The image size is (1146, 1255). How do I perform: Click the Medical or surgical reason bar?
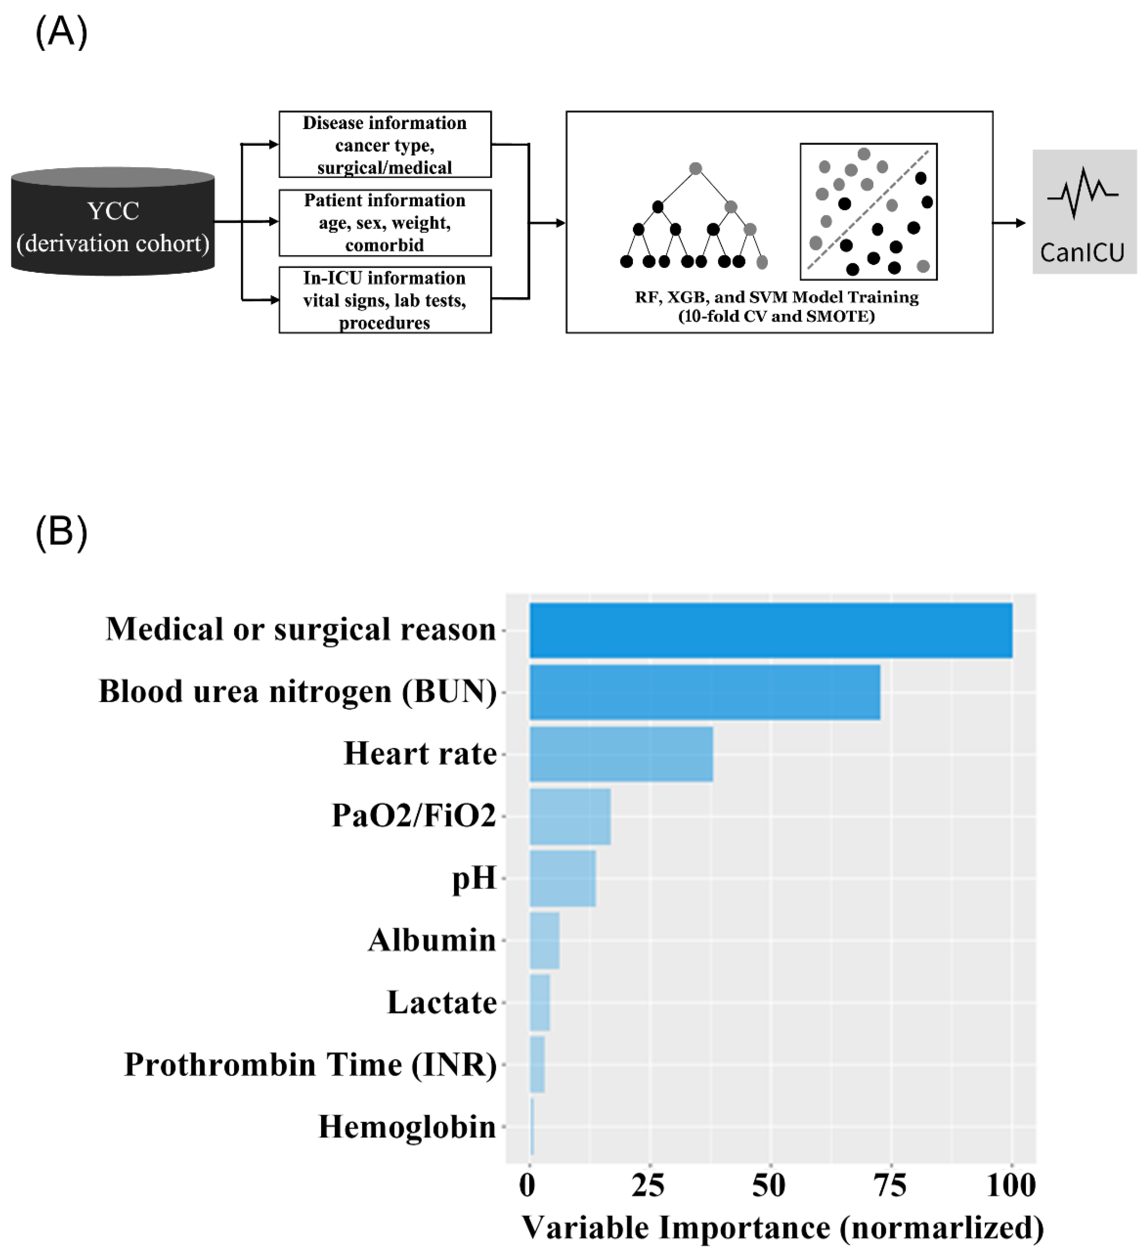pos(770,630)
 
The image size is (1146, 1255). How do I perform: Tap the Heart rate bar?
pos(621,754)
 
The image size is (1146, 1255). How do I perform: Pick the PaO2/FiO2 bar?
pos(570,816)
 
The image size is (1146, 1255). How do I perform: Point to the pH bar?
pos(563,878)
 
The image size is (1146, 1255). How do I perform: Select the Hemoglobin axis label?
pos(407,1127)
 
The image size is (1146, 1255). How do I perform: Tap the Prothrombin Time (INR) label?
pos(311,1064)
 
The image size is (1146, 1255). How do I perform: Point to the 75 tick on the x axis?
pos(891,1185)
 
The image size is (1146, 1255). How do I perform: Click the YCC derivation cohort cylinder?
pos(112,222)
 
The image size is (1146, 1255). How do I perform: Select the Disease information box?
pos(385,144)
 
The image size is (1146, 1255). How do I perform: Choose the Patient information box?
pos(385,222)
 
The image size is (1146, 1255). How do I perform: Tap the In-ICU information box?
pos(385,300)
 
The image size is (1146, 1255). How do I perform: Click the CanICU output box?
pos(1084,212)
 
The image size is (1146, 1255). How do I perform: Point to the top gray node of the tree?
pos(696,168)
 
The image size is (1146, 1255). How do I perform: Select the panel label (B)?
pos(61,532)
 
